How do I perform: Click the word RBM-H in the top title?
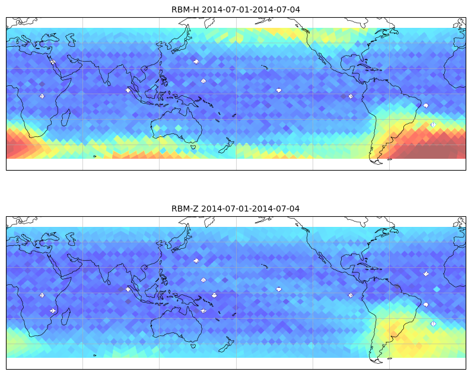[x=185, y=9]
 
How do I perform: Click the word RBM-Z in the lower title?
[x=184, y=209]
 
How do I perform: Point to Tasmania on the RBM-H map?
[x=194, y=147]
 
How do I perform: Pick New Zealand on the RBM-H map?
[x=227, y=146]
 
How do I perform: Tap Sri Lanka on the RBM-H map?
[x=109, y=84]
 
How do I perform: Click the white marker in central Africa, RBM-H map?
[x=42, y=97]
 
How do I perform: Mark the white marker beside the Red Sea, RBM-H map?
[x=53, y=62]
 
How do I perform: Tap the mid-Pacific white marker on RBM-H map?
[x=279, y=90]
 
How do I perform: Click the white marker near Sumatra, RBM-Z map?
[x=128, y=289]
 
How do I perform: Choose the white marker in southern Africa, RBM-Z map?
[x=53, y=310]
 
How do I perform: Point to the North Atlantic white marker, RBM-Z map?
[x=426, y=274]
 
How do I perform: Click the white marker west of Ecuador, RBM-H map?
[x=351, y=97]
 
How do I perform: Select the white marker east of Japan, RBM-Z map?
[x=196, y=261]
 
